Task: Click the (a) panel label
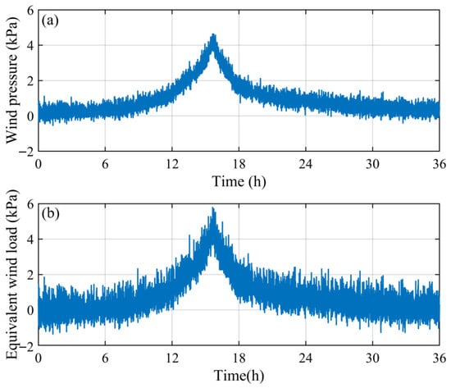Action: (x=50, y=21)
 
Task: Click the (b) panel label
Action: (x=50, y=214)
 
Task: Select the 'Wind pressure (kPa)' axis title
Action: (x=11, y=80)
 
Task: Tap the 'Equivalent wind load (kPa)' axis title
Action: (x=11, y=274)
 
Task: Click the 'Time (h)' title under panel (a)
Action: (x=239, y=181)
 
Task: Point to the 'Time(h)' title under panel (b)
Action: (x=239, y=376)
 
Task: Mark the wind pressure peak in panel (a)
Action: (x=213, y=34)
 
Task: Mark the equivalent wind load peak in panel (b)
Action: (x=213, y=208)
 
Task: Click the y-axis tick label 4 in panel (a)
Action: (x=30, y=45)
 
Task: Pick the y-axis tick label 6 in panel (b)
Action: (x=30, y=204)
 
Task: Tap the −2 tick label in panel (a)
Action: (x=26, y=152)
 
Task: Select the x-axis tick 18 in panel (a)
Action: (x=239, y=164)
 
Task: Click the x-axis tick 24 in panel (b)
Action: (x=306, y=358)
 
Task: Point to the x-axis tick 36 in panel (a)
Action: (x=440, y=164)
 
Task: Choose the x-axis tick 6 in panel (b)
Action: (x=105, y=358)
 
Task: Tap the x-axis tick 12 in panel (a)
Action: (x=172, y=164)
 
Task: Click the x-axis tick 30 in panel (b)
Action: (x=372, y=358)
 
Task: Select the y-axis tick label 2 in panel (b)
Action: (x=30, y=275)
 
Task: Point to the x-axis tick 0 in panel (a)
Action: (x=39, y=164)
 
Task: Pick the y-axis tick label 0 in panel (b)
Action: (x=30, y=310)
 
